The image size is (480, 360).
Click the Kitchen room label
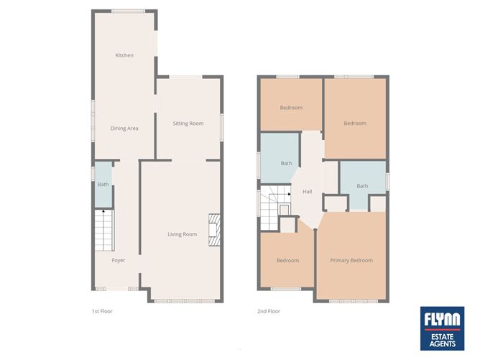pos(124,55)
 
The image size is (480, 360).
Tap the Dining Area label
pos(124,129)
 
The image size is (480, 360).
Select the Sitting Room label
pos(188,124)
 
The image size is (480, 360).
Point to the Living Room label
pos(183,234)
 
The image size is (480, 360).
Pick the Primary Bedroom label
pos(351,260)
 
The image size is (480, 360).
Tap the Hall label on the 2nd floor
pos(308,192)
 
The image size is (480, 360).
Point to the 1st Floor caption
pos(102,312)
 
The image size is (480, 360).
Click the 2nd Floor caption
pos(269,312)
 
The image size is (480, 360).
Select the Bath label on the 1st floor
pos(103,185)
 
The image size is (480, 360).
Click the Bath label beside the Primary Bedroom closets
pos(362,186)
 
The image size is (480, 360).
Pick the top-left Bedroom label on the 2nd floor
pos(291,108)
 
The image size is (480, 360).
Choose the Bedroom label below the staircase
pos(287,260)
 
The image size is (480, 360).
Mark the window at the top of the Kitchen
pos(129,11)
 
